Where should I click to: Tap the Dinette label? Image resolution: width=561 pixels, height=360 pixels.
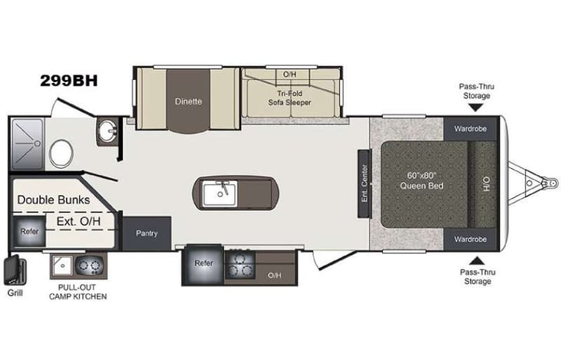[x=188, y=101]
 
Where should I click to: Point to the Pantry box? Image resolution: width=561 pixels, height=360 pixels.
[x=147, y=233]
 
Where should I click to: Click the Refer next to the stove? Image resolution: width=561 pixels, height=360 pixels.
[x=203, y=263]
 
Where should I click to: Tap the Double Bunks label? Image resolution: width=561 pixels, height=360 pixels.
[x=54, y=200]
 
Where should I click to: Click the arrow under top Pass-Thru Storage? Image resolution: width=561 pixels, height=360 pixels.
[x=477, y=108]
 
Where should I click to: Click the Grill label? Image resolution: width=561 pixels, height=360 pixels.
[x=15, y=292]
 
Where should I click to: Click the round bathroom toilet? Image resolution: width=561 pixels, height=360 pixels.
[x=60, y=150]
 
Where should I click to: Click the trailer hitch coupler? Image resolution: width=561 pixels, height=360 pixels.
[x=548, y=183]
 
